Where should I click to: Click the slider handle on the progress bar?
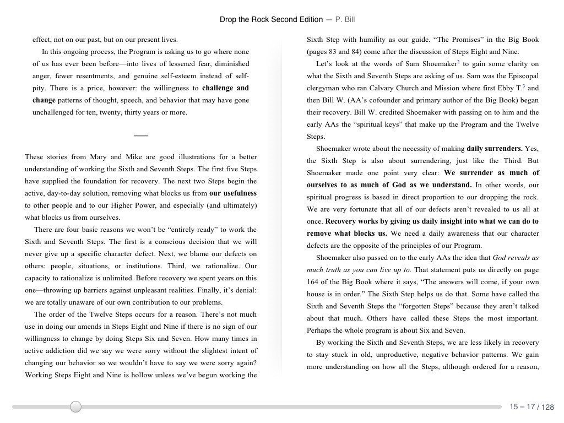pos(76,407)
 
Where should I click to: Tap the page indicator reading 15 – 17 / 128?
pos(531,407)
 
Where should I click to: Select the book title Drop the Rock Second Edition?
pos(271,19)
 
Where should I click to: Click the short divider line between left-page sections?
pos(141,135)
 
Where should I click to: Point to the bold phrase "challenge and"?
pos(225,88)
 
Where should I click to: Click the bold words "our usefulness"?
pos(233,193)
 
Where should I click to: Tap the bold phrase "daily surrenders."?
pos(495,149)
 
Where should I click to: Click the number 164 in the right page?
pos(313,282)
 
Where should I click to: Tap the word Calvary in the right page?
pos(382,88)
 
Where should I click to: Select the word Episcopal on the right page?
pos(522,76)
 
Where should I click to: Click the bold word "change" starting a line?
pos(44,100)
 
